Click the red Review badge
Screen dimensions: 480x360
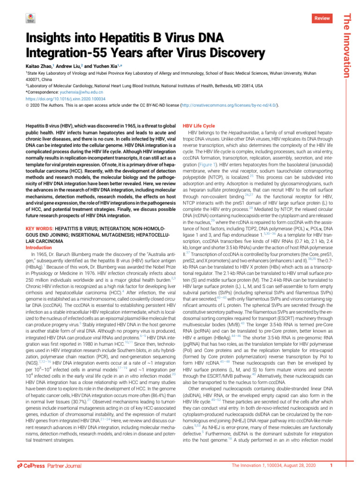[322, 17]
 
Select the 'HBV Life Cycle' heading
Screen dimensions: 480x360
[199, 126]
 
